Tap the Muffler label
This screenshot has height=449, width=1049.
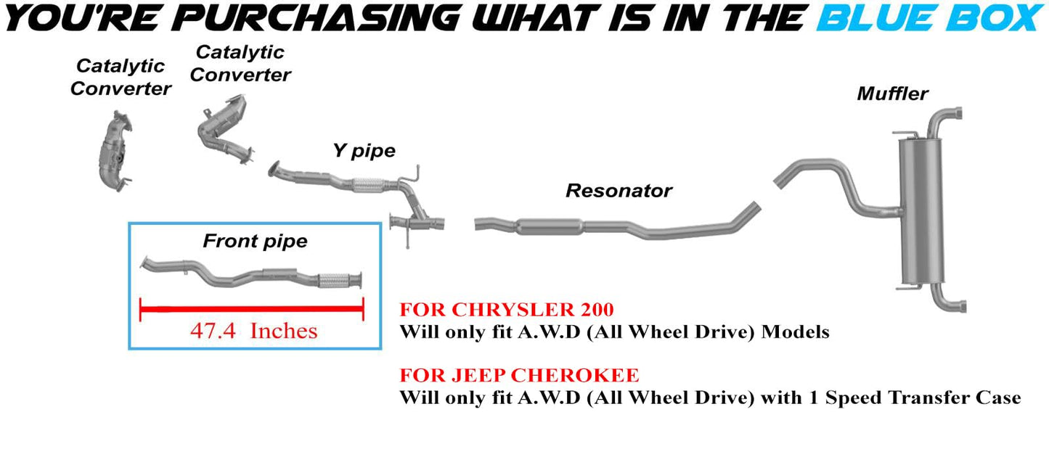[x=892, y=94]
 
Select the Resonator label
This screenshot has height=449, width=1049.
[x=619, y=191]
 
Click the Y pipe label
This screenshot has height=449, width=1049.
[x=364, y=151]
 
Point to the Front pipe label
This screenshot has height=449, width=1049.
[x=255, y=241]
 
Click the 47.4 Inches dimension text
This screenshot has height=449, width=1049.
[x=254, y=331]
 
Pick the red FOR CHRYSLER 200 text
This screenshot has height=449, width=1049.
[x=507, y=310]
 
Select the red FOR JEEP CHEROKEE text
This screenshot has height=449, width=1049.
[x=520, y=376]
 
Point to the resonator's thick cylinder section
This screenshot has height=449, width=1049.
[x=550, y=226]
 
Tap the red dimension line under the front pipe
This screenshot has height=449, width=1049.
[x=251, y=310]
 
